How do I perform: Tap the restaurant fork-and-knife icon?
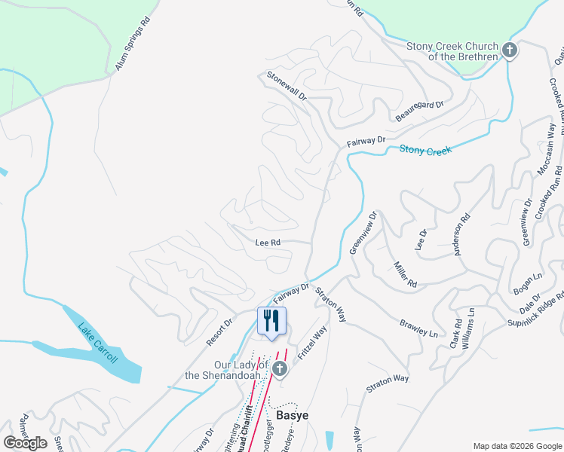point(272,319)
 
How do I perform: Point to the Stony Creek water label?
point(425,151)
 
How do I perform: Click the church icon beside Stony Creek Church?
point(510,51)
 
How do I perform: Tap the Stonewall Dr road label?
point(287,86)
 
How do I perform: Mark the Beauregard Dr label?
point(420,112)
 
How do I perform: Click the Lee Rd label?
point(268,243)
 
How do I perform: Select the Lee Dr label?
point(421,239)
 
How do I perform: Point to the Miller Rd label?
point(405,274)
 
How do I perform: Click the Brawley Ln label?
point(418,327)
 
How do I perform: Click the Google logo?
point(25,443)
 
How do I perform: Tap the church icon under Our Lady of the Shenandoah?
point(280,368)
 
